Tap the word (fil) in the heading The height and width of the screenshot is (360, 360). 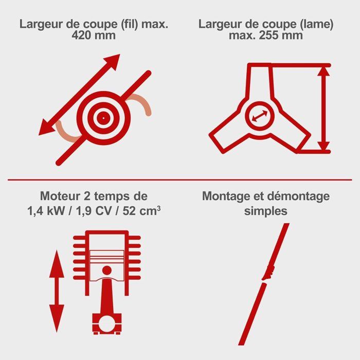(x=130, y=24)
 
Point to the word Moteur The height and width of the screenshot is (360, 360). (x=61, y=196)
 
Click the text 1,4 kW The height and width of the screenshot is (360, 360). (x=46, y=211)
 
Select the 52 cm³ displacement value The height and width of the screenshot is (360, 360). (x=141, y=211)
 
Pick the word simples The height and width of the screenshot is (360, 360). (x=266, y=211)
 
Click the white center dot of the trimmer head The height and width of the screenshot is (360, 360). (x=103, y=118)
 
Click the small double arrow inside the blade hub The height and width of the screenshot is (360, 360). (x=260, y=116)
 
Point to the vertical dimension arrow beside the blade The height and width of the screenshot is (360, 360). (x=323, y=109)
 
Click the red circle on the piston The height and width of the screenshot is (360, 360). (x=107, y=271)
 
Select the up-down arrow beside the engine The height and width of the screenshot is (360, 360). (x=57, y=291)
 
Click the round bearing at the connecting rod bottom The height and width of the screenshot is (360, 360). (x=107, y=323)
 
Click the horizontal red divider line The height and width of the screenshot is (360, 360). (x=180, y=180)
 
